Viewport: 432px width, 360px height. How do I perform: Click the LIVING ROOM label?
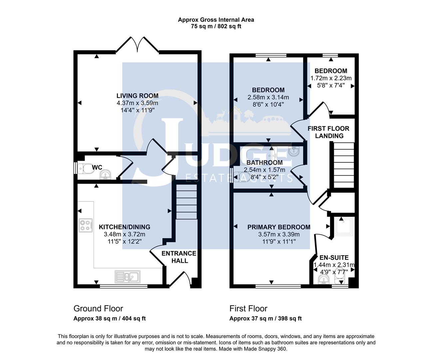[x=137, y=96]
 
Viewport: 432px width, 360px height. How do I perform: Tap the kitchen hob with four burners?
[x=85, y=225]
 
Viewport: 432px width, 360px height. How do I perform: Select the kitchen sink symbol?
[x=128, y=276]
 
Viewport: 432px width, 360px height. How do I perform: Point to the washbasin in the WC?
[x=106, y=174]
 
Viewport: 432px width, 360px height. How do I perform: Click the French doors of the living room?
[x=137, y=45]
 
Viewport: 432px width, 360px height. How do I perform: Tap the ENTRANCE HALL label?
[x=179, y=257]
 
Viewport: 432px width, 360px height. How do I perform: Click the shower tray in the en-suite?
[x=343, y=226]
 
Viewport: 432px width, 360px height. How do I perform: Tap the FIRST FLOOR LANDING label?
[x=328, y=132]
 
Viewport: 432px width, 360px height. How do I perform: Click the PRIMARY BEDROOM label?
[x=279, y=227]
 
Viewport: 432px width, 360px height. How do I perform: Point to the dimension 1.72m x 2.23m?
[x=331, y=78]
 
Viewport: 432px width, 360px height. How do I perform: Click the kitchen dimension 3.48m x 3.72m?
[x=124, y=234]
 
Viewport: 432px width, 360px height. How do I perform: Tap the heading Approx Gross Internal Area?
[x=216, y=20]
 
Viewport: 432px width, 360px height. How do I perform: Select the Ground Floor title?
[x=98, y=309]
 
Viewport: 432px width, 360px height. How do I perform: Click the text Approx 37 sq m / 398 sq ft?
[x=265, y=318]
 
